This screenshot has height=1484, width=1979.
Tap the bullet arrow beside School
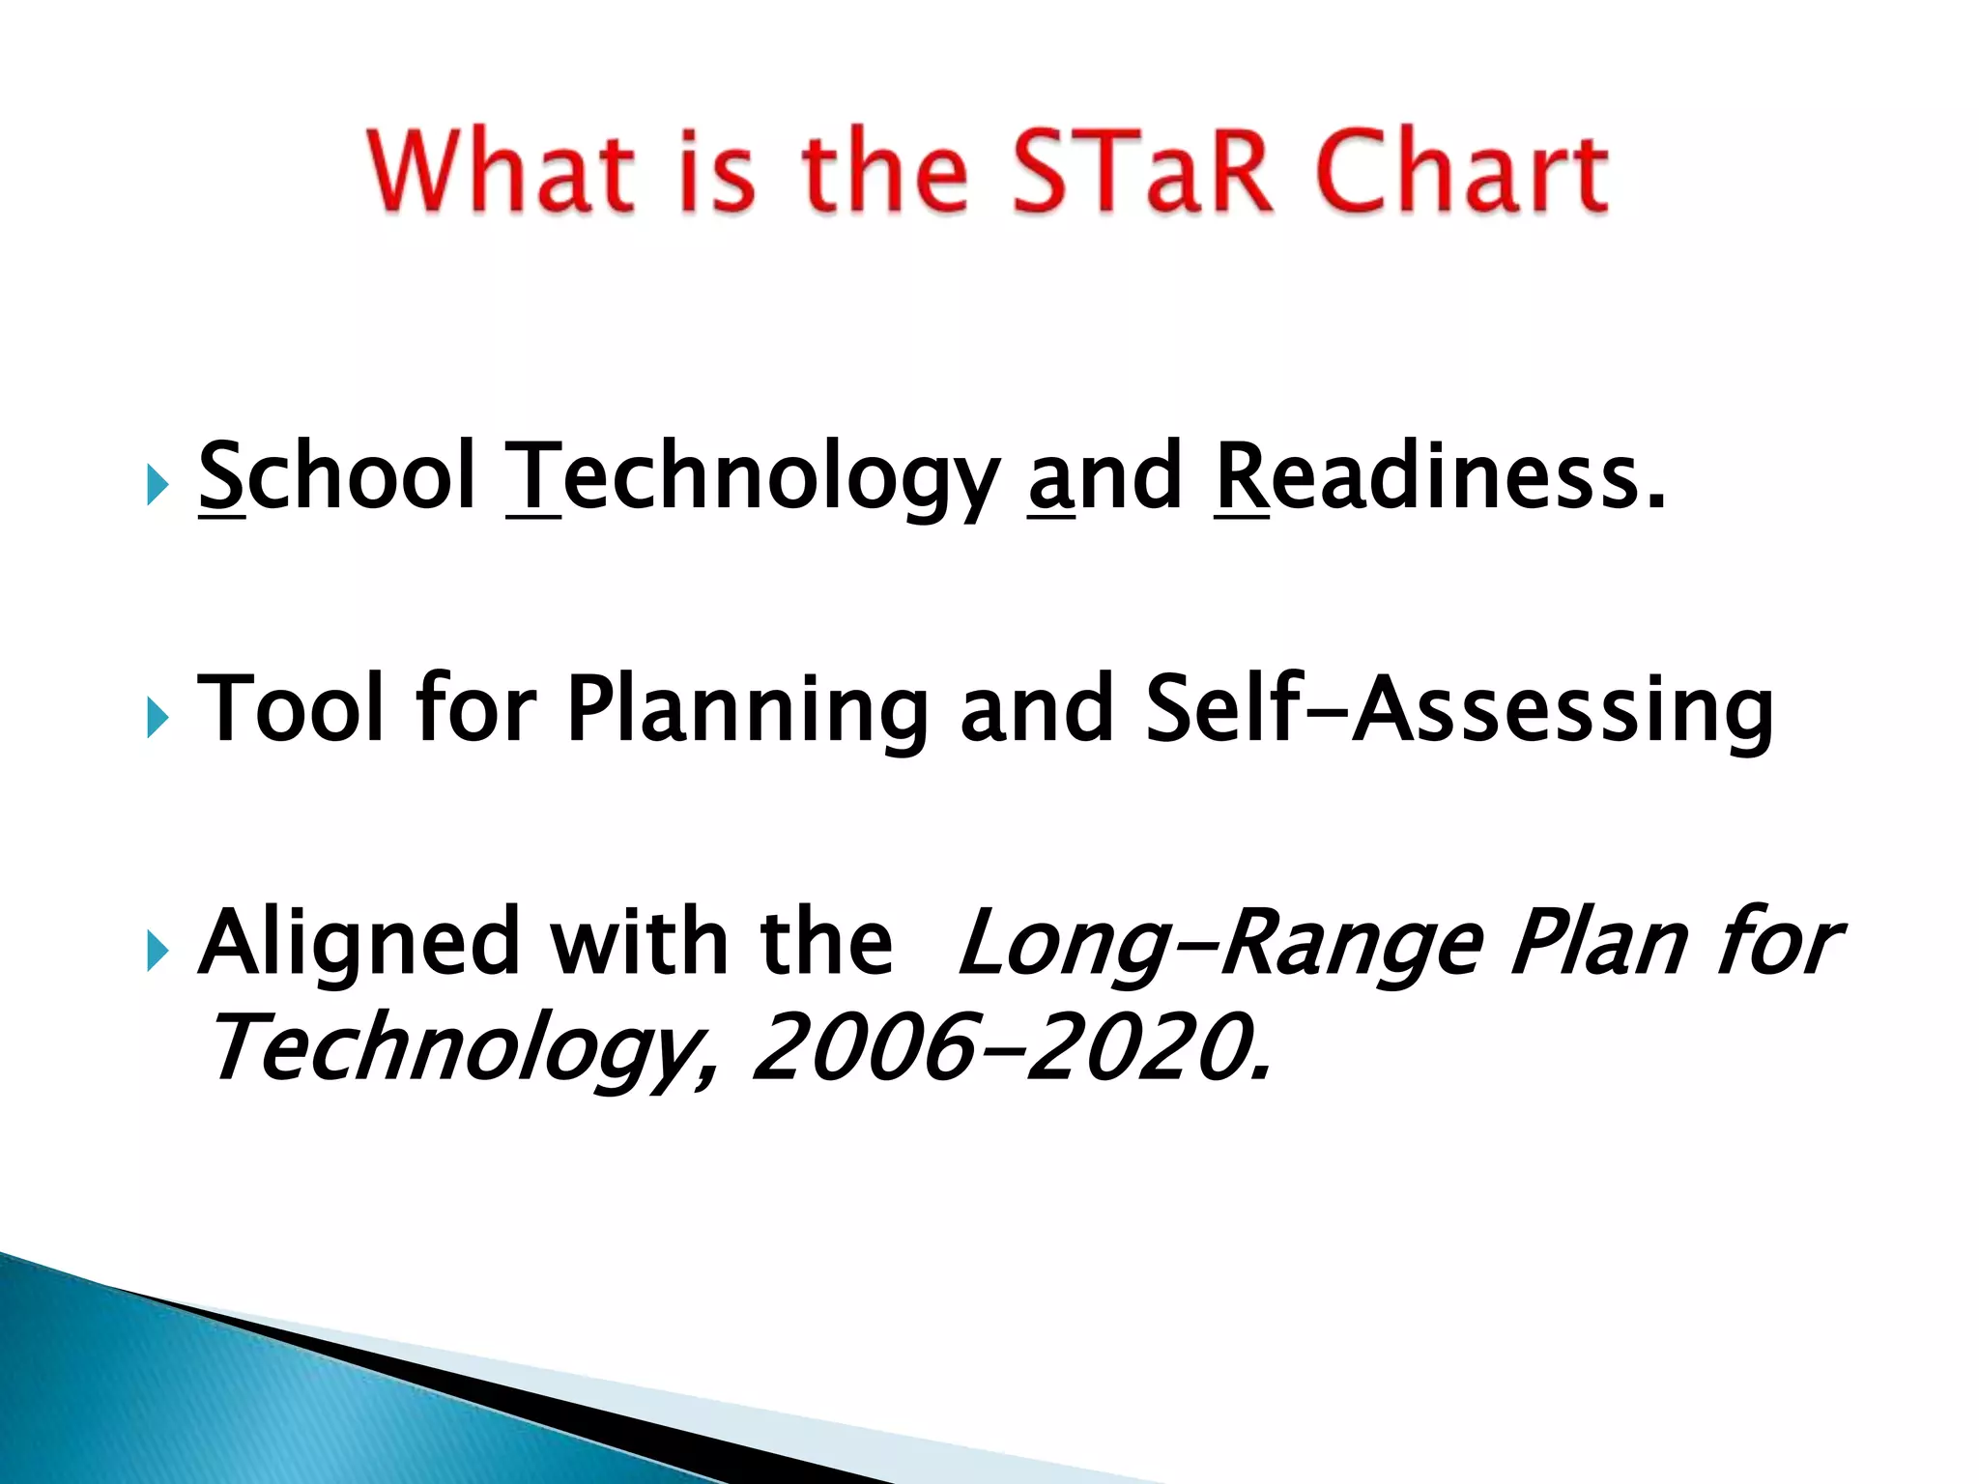coord(158,484)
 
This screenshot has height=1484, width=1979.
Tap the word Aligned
coord(359,945)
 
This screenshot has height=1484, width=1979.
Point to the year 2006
coord(860,1047)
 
